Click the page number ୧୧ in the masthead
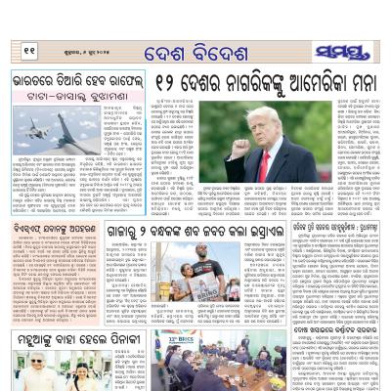pyautogui.click(x=30, y=50)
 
